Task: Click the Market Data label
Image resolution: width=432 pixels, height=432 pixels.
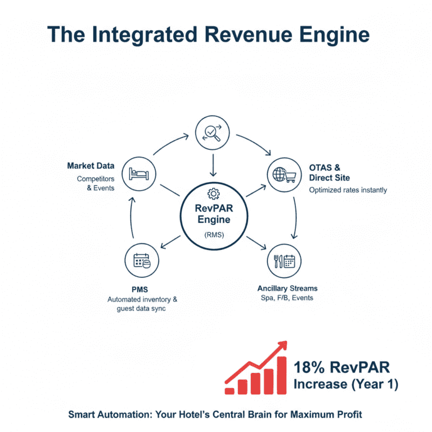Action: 91,166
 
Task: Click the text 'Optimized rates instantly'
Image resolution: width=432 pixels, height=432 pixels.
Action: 348,190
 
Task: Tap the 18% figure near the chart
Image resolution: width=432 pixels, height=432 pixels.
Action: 308,368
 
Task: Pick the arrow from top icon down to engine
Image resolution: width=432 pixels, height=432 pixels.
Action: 213,164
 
